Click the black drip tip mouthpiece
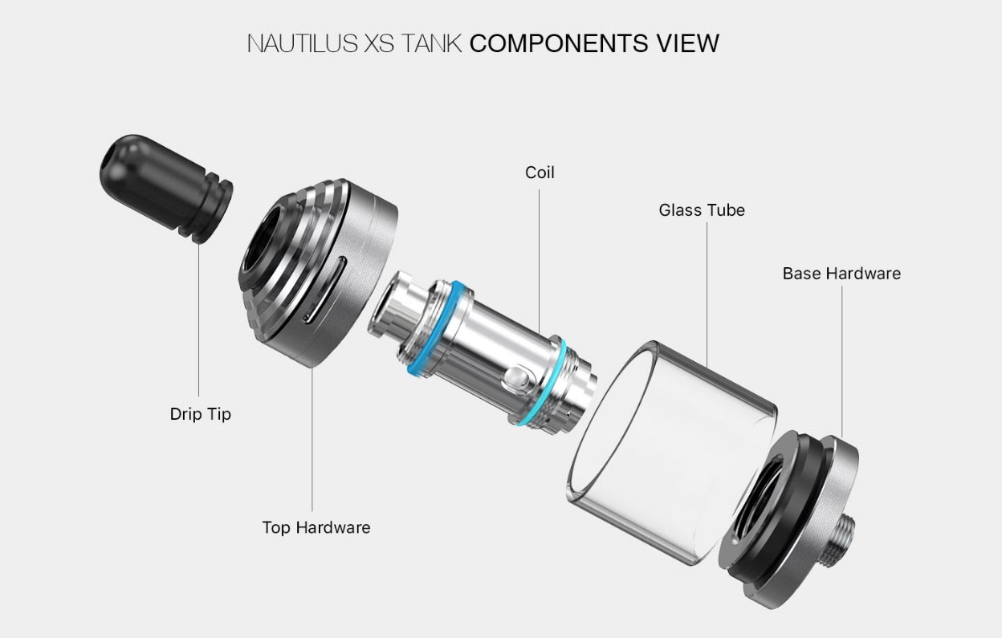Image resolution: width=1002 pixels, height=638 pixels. coord(165,188)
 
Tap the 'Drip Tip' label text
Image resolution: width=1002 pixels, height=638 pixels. coord(201,414)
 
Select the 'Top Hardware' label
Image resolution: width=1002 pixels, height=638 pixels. coord(316,527)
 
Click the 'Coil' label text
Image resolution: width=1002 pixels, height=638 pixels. coord(540,173)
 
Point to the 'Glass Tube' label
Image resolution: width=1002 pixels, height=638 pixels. coord(702,210)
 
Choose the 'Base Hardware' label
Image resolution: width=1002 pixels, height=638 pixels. coord(841,273)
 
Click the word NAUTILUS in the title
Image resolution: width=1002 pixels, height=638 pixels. coord(303,43)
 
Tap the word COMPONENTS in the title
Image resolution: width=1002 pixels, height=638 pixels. coord(558,43)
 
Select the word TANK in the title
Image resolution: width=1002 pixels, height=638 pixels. coord(431,43)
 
